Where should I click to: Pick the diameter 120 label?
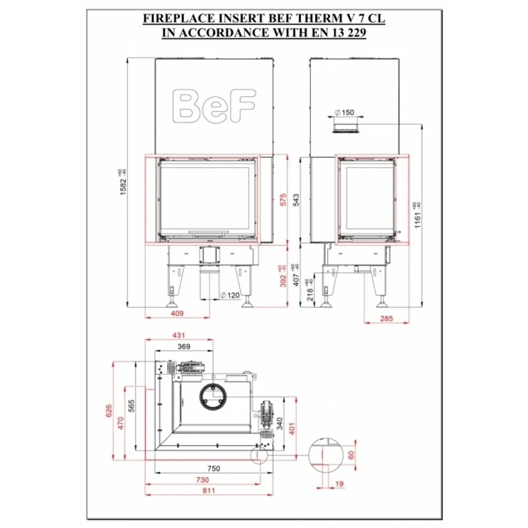tap(230, 295)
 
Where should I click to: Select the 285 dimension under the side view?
tap(387, 318)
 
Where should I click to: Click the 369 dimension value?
tap(183, 346)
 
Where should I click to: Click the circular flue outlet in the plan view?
tap(214, 397)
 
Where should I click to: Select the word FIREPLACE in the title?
tap(172, 19)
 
